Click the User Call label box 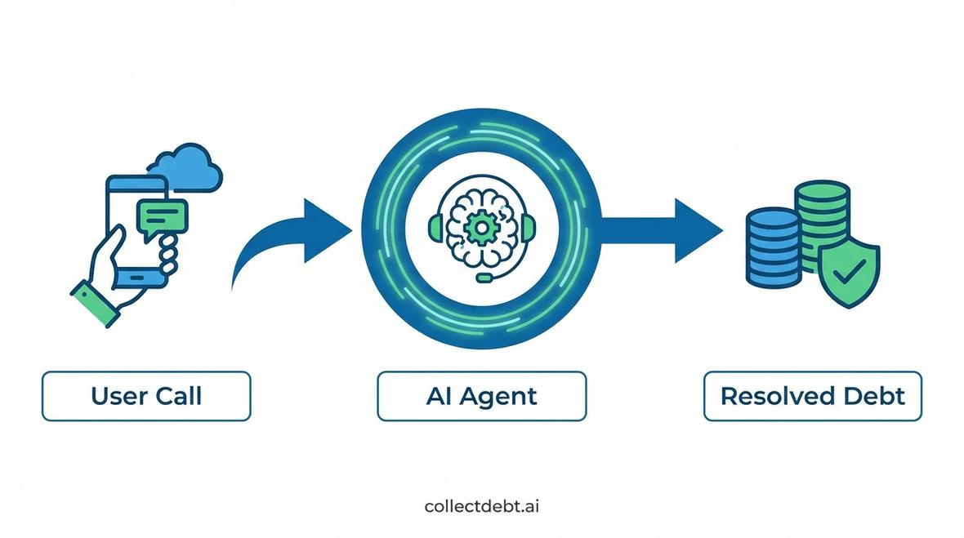coord(146,397)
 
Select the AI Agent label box coord(481,397)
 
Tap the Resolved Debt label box coord(812,397)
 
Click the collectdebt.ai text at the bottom coord(482,506)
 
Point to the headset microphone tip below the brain coord(483,278)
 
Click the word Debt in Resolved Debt coord(875,397)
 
